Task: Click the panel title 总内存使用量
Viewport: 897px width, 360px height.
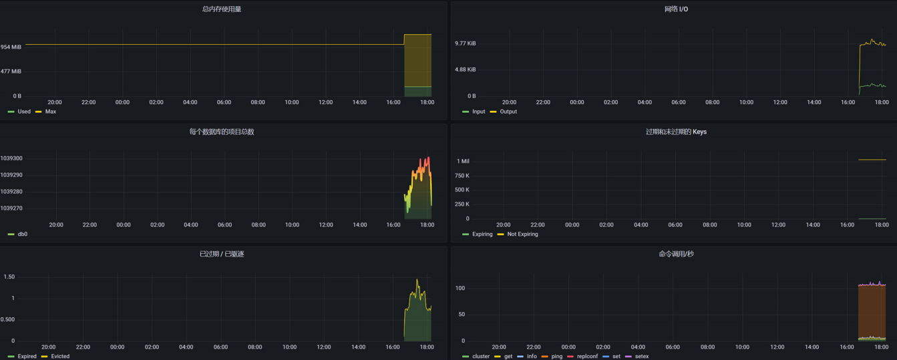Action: tap(222, 9)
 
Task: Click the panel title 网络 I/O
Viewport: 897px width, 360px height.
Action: tap(676, 9)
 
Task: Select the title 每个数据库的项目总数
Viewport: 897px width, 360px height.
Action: tap(222, 132)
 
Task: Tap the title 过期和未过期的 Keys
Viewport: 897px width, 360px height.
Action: tap(676, 132)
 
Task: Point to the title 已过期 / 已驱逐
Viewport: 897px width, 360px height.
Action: tap(222, 254)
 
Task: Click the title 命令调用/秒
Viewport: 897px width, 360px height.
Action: tap(676, 254)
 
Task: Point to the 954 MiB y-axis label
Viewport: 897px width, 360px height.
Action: tap(11, 47)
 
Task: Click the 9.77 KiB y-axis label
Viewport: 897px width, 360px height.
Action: tap(466, 43)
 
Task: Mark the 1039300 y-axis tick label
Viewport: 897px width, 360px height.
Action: tap(11, 159)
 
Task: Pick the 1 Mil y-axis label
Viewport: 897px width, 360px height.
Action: tap(463, 162)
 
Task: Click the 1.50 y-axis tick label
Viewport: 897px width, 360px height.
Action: tap(9, 277)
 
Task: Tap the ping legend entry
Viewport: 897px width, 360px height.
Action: tap(556, 357)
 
